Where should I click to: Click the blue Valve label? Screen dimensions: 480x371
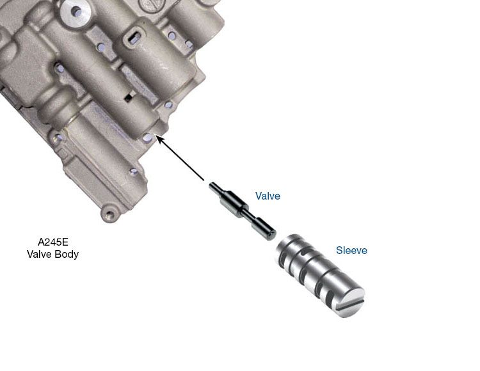268,196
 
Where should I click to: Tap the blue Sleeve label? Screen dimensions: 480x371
351,250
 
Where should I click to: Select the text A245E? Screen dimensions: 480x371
52,242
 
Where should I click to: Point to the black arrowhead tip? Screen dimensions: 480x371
156,136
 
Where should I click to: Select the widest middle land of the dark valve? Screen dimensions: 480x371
234,203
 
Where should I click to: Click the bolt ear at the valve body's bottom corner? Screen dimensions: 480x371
109,214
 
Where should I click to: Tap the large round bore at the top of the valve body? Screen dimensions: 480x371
75,12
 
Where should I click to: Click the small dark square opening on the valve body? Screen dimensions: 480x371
128,97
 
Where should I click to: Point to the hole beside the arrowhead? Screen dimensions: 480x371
147,138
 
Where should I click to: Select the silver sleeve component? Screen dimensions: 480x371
320,276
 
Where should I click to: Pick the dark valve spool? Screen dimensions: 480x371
243,210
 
